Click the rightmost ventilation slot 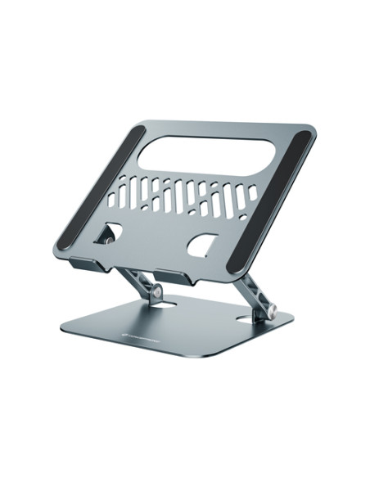[x=252, y=194]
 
